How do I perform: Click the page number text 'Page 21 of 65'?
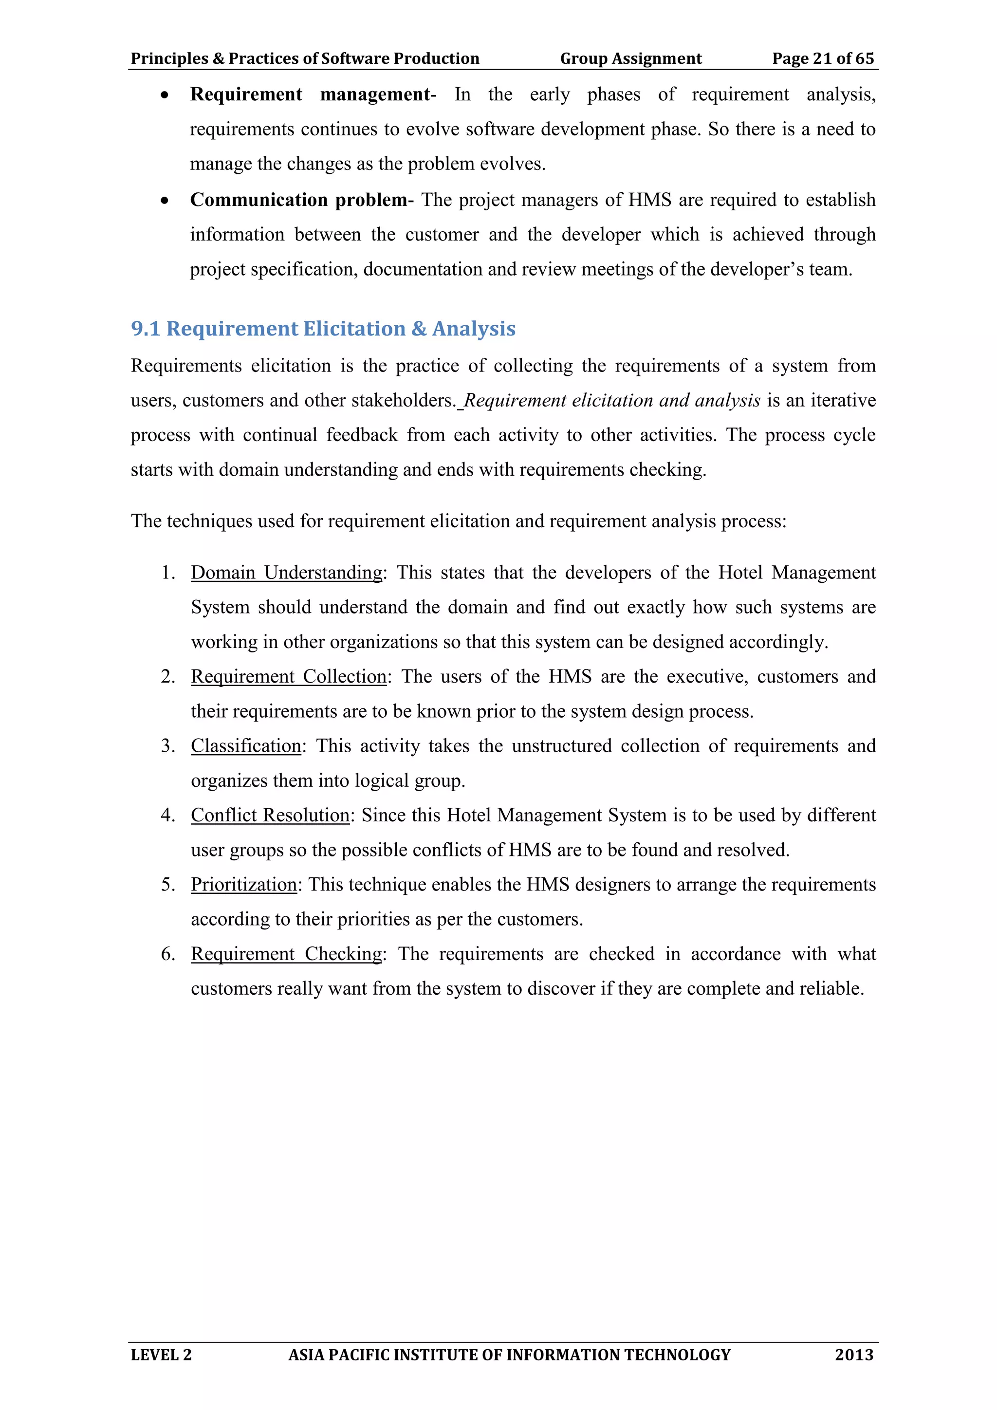point(823,58)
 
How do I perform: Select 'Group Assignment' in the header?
point(630,58)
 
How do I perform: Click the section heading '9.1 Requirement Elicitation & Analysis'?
point(323,329)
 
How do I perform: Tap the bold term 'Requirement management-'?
point(313,94)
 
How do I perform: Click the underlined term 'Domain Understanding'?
point(287,573)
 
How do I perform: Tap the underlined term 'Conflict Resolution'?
point(270,815)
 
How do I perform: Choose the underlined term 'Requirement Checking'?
point(287,954)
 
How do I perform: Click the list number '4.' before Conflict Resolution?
point(168,815)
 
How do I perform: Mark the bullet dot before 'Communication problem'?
point(165,200)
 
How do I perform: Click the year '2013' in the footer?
point(854,1354)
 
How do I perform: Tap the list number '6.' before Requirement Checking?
point(168,954)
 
